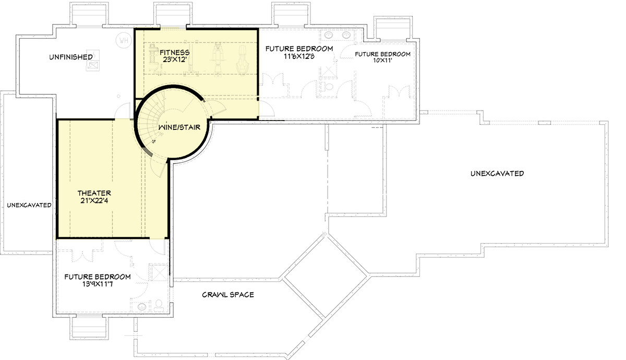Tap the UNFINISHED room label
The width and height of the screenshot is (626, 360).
72,56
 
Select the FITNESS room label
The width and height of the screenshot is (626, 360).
168,53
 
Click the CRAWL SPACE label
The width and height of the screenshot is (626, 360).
228,295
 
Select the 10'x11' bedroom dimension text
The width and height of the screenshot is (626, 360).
382,61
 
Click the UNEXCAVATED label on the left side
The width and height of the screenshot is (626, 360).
29,205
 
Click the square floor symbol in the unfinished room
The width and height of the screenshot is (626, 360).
94,65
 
